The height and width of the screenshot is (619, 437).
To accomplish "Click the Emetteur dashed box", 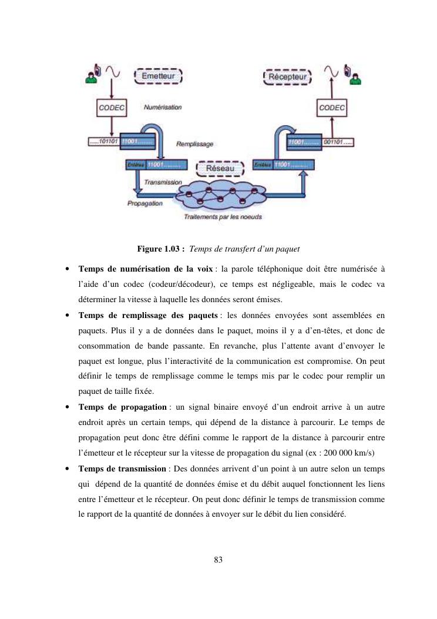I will coord(159,76).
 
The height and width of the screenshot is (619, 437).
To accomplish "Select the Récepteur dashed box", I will coord(287,77).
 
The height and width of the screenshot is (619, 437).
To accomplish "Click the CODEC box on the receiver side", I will coord(332,108).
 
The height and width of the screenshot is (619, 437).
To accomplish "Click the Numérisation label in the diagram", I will coord(162,108).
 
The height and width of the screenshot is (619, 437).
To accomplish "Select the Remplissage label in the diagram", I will coord(194,143).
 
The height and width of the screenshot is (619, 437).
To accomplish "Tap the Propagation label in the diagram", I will coord(144,203).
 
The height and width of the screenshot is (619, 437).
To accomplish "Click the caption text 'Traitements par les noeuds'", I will coord(223,216).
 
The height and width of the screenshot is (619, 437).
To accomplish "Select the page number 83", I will coord(218,560).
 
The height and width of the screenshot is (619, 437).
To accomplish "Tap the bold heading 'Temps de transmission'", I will coord(122,469).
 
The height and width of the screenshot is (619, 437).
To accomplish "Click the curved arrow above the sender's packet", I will coord(150,130).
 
